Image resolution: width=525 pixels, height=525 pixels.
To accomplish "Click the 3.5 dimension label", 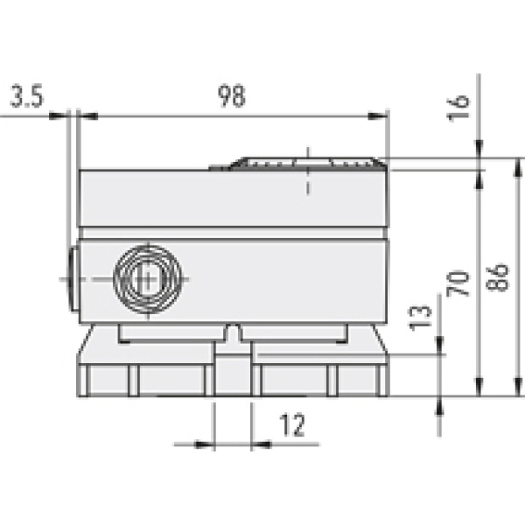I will tap(26, 96).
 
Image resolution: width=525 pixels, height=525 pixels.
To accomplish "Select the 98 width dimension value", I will tap(232, 96).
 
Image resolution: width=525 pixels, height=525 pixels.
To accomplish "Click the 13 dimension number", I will tap(419, 320).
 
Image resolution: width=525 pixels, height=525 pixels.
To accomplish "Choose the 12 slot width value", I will tap(292, 426).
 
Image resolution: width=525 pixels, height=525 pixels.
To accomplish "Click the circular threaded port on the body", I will tap(148, 279).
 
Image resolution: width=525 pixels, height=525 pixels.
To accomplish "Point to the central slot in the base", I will tap(233, 372).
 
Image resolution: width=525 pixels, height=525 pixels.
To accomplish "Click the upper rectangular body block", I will tap(233, 201).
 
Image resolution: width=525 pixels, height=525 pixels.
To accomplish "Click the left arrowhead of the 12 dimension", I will tap(206, 444).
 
